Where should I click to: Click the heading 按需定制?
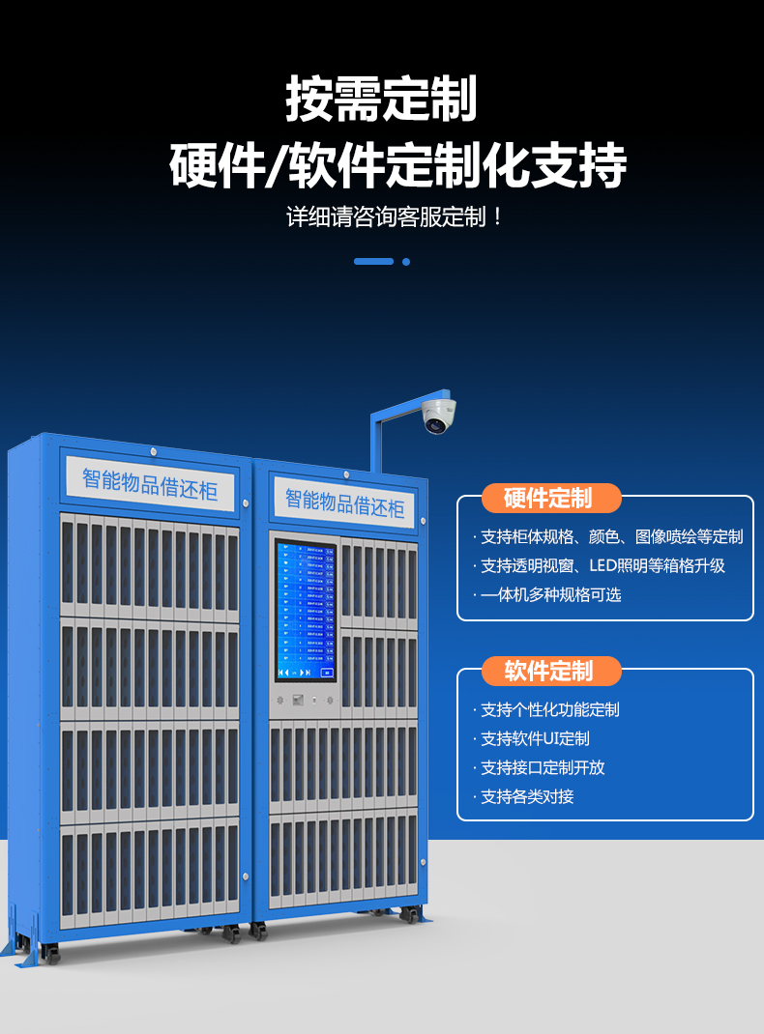pyautogui.click(x=382, y=100)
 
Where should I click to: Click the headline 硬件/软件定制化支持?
pyautogui.click(x=397, y=165)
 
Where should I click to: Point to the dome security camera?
pyautogui.click(x=437, y=416)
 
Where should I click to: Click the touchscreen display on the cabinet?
pyautogui.click(x=306, y=611)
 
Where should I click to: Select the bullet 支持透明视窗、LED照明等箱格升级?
pyautogui.click(x=602, y=566)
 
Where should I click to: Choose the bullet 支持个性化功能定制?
pyautogui.click(x=550, y=710)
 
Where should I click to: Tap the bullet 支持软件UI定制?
pyautogui.click(x=535, y=739)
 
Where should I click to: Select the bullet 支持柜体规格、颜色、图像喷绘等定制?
pyautogui.click(x=611, y=537)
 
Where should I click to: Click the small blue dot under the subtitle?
pyautogui.click(x=406, y=261)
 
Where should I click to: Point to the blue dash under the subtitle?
pyautogui.click(x=373, y=261)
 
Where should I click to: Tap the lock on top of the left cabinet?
pyautogui.click(x=153, y=450)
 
